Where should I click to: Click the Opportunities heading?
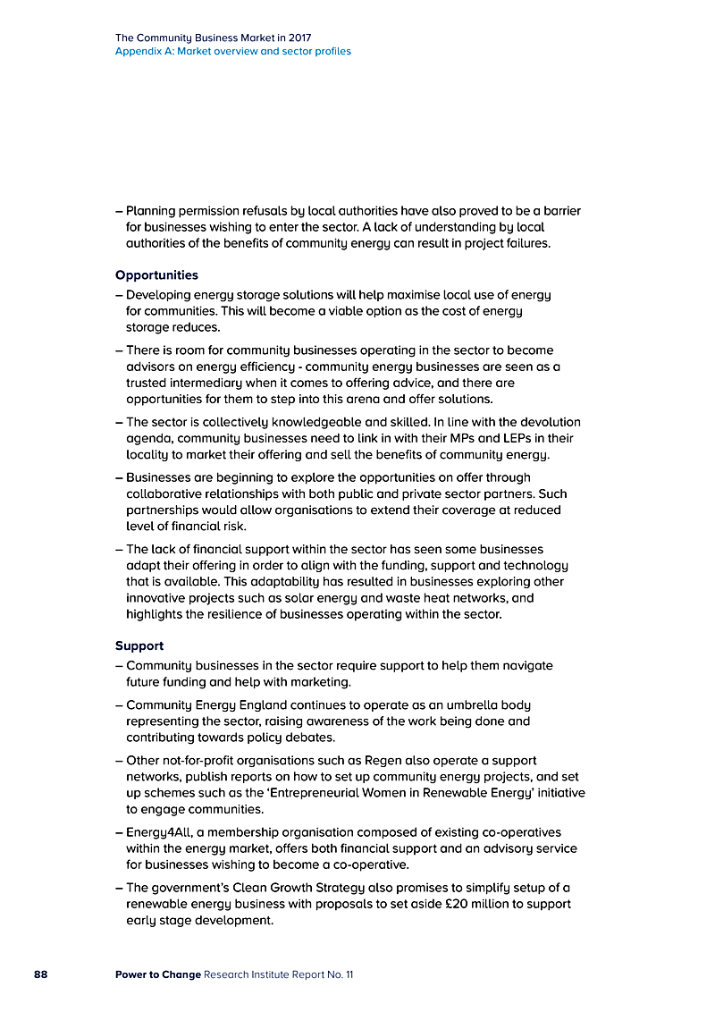pos(156,275)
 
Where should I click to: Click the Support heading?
pos(139,645)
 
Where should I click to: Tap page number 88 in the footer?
pos(41,974)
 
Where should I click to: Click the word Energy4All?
pos(156,832)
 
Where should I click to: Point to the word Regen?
pos(383,761)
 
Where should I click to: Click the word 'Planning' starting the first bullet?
pos(153,211)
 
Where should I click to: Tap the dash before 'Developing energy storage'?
pos(119,294)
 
